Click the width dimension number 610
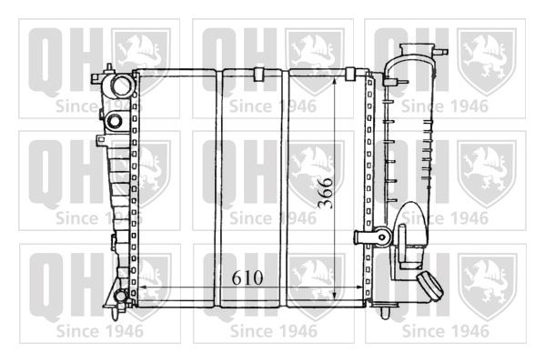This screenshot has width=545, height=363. coord(247,277)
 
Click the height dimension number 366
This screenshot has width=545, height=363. coord(326,193)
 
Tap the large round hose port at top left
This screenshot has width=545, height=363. coord(122,85)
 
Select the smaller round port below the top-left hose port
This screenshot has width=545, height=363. coord(115,121)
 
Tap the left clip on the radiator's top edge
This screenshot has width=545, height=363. coord(259,74)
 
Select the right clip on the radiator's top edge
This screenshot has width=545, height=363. coord(349,74)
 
